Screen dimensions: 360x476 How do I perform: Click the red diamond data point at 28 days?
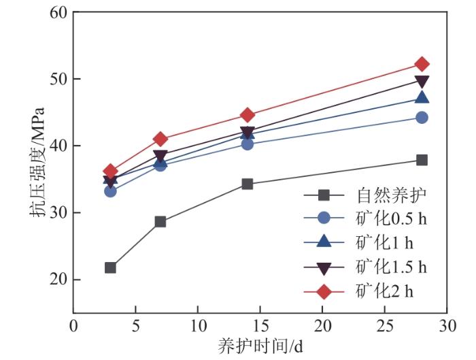click(422, 64)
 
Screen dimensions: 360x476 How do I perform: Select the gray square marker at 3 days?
click(110, 267)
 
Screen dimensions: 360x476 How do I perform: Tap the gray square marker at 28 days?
click(422, 160)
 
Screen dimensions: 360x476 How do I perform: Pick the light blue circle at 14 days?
click(248, 144)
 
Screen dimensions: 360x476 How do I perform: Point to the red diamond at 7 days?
click(160, 139)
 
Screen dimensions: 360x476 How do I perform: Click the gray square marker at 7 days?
click(160, 221)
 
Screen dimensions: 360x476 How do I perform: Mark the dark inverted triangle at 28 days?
click(422, 82)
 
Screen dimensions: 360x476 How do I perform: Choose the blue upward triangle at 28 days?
click(422, 98)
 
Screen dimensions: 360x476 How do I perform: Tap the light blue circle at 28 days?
click(422, 117)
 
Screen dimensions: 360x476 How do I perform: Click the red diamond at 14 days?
click(248, 115)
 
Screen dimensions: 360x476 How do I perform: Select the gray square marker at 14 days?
click(248, 184)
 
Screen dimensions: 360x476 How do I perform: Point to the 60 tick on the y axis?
click(59, 12)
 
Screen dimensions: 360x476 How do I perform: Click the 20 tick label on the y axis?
click(59, 280)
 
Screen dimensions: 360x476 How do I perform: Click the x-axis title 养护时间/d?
click(260, 345)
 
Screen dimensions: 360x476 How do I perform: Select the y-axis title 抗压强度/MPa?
click(39, 163)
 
